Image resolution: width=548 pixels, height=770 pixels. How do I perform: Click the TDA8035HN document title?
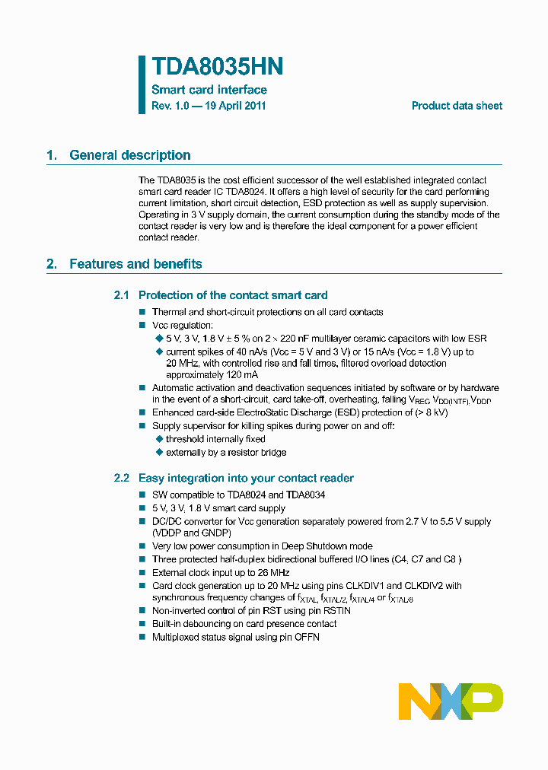click(218, 67)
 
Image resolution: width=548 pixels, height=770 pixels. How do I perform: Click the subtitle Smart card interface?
click(209, 90)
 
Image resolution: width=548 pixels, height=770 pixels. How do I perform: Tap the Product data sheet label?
click(457, 106)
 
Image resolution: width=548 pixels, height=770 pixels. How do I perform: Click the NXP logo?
click(451, 702)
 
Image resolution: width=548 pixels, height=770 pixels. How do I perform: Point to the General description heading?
click(129, 155)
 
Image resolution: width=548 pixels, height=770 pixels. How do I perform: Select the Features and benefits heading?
click(135, 264)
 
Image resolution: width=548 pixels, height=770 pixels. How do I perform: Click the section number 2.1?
click(122, 295)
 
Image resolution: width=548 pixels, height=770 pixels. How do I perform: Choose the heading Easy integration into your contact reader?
click(246, 478)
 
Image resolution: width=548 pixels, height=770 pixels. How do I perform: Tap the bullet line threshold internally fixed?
click(215, 439)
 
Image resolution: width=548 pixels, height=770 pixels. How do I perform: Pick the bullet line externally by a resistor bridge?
click(226, 452)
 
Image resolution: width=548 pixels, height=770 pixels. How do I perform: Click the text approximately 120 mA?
click(212, 375)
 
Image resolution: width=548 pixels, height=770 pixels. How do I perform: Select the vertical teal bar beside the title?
click(142, 84)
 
